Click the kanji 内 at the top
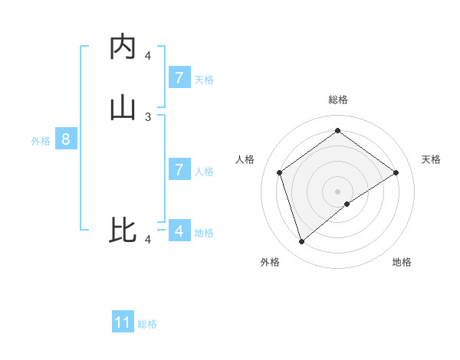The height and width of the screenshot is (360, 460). (x=123, y=47)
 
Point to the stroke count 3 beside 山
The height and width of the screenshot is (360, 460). (x=148, y=116)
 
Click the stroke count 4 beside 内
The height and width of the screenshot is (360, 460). (x=148, y=55)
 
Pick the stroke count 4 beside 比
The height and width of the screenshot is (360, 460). (x=148, y=240)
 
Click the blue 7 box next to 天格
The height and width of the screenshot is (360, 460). (x=179, y=78)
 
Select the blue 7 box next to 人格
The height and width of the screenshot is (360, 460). (x=179, y=169)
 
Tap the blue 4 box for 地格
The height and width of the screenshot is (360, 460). (x=179, y=230)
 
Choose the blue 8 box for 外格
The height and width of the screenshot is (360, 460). (x=66, y=139)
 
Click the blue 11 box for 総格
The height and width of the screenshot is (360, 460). (x=123, y=322)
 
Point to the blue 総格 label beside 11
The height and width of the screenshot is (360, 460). (x=147, y=324)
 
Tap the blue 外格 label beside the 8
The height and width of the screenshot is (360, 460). (x=41, y=141)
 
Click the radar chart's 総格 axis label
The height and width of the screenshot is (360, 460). (x=338, y=100)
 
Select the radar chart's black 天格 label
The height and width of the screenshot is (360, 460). (x=432, y=159)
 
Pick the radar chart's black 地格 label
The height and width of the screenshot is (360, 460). (x=402, y=262)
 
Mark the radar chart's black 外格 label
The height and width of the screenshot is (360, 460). (x=270, y=262)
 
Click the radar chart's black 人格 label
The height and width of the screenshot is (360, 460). (x=245, y=159)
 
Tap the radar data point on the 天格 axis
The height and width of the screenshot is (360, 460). (x=396, y=172)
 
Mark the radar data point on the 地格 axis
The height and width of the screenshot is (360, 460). (x=347, y=204)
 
